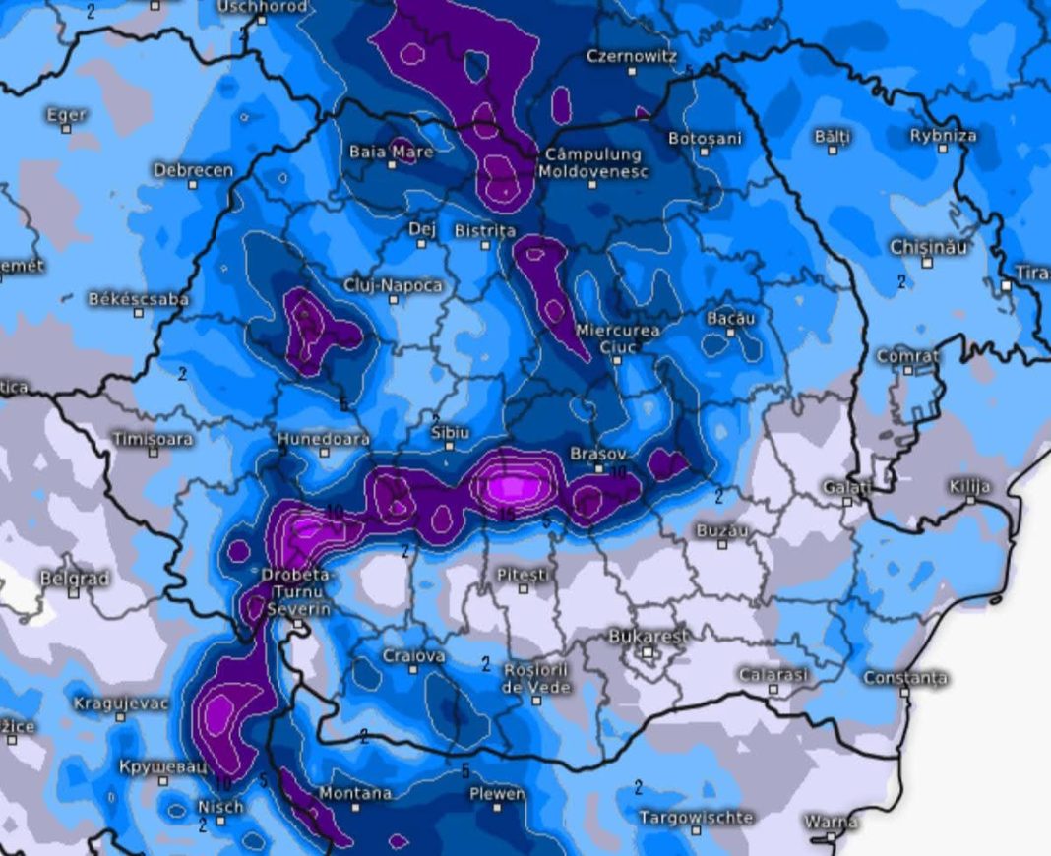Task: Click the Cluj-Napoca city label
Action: tap(393, 285)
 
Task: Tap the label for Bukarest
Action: tap(649, 636)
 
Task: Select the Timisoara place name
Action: tap(153, 439)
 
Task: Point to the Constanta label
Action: tap(905, 677)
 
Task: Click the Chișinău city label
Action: tap(928, 246)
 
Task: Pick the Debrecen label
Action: tap(193, 170)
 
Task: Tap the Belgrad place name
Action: tap(74, 578)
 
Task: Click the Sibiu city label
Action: tap(450, 432)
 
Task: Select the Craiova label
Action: tap(413, 655)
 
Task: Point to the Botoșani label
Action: tap(705, 139)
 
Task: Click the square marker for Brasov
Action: tap(600, 469)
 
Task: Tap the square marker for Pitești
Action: tap(524, 589)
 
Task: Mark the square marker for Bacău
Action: tap(731, 333)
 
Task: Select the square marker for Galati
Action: tap(847, 502)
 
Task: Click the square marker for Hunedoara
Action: tap(324, 453)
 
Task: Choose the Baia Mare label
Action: tap(391, 152)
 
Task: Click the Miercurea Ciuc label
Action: tap(618, 337)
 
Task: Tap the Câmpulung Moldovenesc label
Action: tap(592, 162)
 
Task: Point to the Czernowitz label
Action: tap(631, 56)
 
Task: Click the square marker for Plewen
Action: tap(497, 807)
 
